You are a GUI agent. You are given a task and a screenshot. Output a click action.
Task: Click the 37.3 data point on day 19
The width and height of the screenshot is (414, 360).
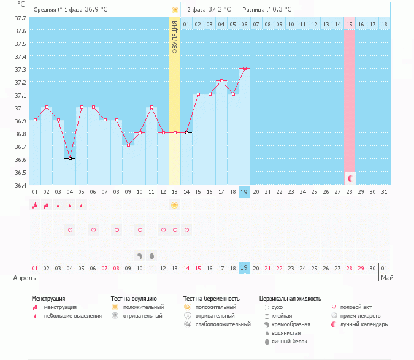coord(244,69)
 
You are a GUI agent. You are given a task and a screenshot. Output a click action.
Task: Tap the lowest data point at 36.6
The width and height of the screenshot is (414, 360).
coord(70,159)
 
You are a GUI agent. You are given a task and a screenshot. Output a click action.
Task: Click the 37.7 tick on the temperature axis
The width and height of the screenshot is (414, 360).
coord(20,18)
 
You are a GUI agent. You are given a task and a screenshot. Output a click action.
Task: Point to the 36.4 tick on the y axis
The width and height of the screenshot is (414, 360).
coord(20,185)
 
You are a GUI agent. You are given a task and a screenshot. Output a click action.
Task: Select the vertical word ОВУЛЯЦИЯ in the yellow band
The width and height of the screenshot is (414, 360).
coord(175,37)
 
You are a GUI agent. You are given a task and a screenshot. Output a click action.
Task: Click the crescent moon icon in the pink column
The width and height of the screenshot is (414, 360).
coord(350,178)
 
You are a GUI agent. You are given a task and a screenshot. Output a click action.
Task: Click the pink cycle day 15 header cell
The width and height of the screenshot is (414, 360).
coord(350,24)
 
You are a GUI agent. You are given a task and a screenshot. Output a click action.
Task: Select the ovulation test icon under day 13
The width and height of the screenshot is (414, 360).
coord(175,206)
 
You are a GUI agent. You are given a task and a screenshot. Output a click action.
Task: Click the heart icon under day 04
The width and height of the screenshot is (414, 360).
coord(70,230)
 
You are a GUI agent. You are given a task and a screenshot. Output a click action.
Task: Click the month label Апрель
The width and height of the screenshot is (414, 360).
coord(25,278)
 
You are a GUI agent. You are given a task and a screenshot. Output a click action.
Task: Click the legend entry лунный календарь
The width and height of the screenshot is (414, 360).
coord(364,324)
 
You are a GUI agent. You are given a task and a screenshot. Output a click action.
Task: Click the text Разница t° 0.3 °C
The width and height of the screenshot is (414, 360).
coord(267,10)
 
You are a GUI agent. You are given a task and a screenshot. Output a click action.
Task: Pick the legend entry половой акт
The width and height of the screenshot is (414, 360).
coord(356,307)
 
